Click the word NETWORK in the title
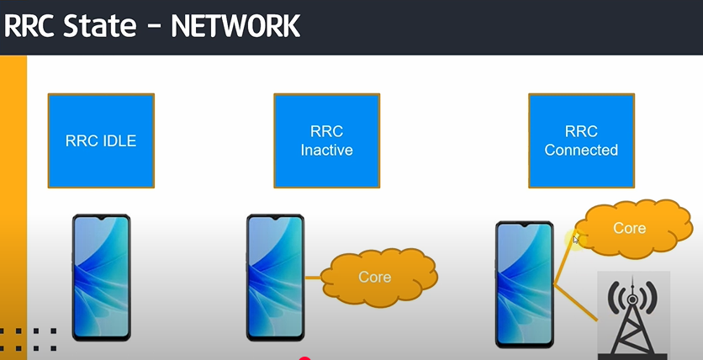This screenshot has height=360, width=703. pos(235,26)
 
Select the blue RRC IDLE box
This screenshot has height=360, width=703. pos(101,140)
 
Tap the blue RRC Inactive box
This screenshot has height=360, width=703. pos(326,140)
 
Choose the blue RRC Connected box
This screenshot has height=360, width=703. pos(581,140)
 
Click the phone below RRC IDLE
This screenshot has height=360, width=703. pos(101,277)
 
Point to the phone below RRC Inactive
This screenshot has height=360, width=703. pos(275,277)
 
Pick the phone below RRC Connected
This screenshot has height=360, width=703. pos(524,283)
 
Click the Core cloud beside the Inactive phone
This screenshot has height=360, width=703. pos(375,276)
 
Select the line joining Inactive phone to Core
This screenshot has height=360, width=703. pos(313,277)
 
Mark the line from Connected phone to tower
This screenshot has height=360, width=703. pos(576,304)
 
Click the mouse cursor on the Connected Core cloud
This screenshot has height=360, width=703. pos(577,240)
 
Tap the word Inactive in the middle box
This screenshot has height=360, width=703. pos(326,151)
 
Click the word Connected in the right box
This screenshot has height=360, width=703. pos(581,151)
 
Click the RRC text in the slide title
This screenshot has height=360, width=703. pos(33,26)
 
